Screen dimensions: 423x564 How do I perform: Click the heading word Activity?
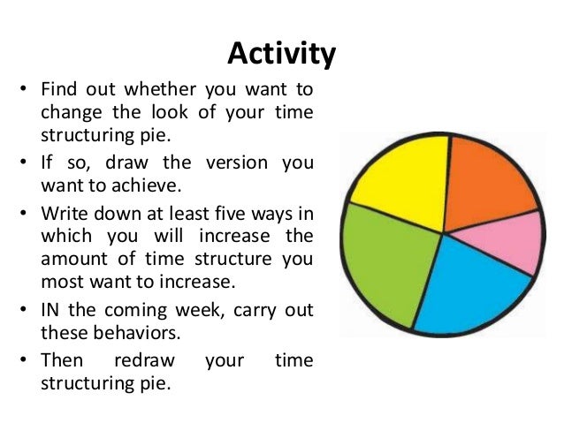click(281, 55)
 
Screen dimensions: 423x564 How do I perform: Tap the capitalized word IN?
click(51, 314)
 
